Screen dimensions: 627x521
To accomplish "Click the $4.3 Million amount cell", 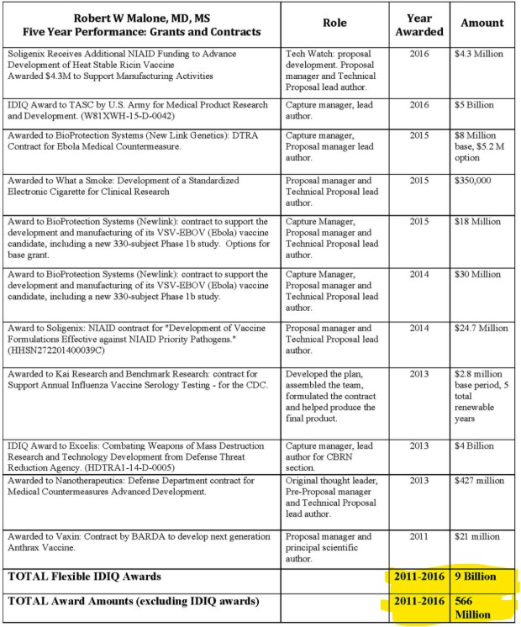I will tap(478, 54).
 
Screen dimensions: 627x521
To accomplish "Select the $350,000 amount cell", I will tap(472, 181).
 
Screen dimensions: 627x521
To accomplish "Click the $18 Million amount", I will tap(476, 221).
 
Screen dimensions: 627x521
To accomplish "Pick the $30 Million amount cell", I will tap(476, 274).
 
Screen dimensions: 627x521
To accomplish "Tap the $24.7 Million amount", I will tap(481, 328).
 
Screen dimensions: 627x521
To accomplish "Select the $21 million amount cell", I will tap(476, 536).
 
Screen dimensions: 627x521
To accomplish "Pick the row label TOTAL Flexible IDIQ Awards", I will tap(85, 576).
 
